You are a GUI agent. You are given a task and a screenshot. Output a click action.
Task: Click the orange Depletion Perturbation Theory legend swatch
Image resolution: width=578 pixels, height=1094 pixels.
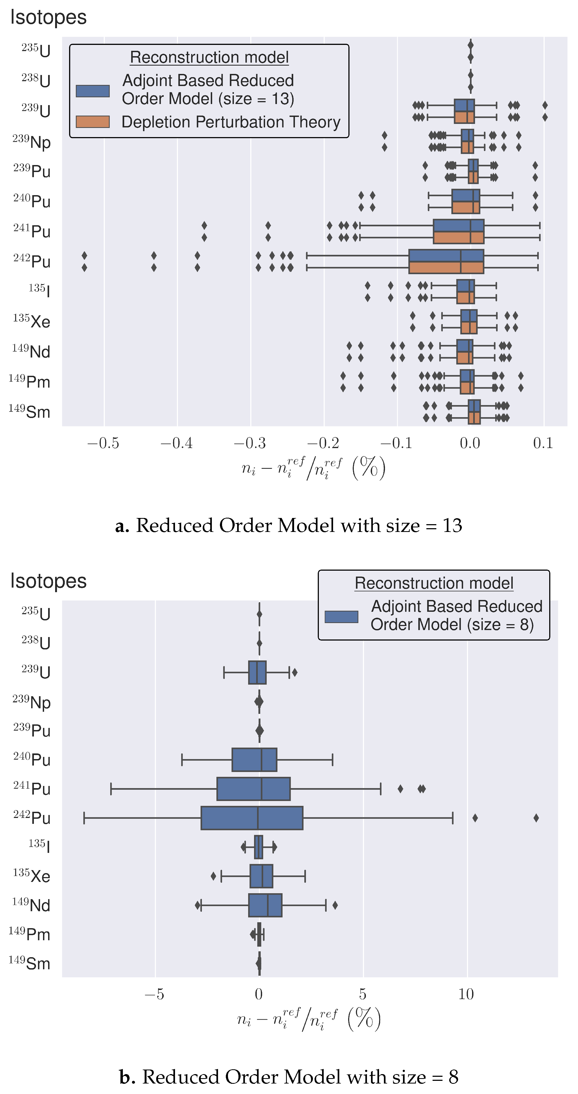tap(92, 122)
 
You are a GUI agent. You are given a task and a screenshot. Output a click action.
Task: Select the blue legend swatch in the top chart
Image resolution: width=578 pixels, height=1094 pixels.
tap(92, 91)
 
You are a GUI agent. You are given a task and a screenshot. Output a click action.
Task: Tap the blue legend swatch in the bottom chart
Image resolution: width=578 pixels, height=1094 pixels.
tap(341, 617)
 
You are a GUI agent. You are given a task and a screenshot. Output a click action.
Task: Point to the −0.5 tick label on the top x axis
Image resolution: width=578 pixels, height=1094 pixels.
tap(103, 443)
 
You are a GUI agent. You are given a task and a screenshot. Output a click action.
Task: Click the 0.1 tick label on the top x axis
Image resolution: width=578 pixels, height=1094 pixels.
tap(543, 443)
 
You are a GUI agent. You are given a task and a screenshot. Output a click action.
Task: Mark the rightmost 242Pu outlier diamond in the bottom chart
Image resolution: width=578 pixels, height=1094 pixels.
tap(536, 817)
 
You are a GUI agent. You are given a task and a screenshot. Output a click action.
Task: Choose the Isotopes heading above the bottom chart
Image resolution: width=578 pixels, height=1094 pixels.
tap(48, 581)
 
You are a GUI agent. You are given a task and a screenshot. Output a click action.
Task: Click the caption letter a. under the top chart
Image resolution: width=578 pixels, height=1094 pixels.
tap(122, 526)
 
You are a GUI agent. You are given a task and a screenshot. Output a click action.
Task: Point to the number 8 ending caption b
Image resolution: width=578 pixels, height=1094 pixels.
tap(454, 1077)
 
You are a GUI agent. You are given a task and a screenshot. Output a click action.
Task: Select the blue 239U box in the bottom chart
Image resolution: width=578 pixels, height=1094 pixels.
tap(257, 672)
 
